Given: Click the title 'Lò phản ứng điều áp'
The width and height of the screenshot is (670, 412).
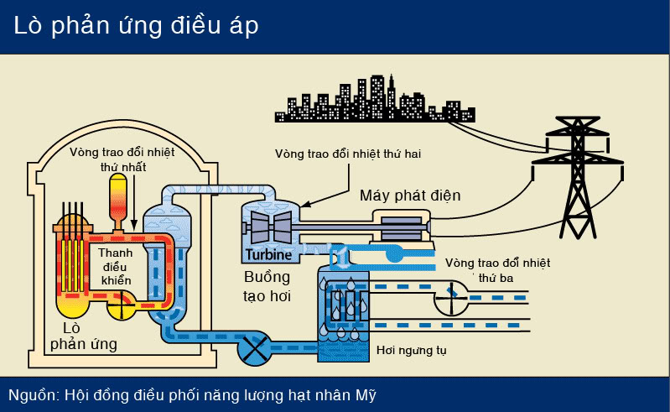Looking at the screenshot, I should click(136, 26).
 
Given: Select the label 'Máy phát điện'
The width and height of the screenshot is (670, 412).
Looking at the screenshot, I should click(410, 196).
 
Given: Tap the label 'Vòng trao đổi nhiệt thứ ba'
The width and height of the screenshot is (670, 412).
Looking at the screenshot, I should click(498, 269).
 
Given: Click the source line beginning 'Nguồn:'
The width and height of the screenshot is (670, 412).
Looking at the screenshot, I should click(198, 394).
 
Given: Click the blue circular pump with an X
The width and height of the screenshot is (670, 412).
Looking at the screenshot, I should click(254, 346).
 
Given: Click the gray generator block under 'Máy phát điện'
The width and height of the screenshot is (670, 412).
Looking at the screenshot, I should click(401, 227).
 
